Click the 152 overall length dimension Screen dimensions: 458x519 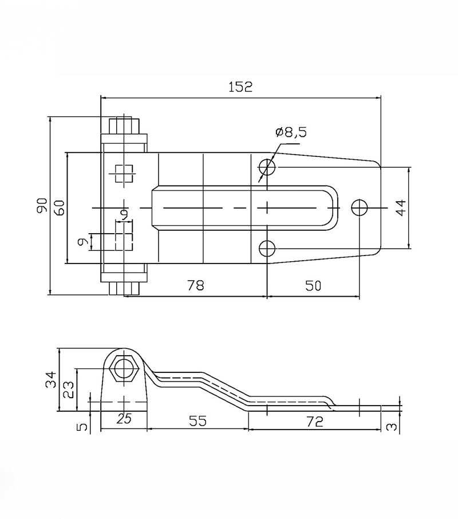240,86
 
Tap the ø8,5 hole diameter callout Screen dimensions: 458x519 291,132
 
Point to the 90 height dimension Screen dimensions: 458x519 42,205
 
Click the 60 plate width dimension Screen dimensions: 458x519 60,208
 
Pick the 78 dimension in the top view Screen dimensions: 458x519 196,285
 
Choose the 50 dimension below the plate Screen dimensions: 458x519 313,285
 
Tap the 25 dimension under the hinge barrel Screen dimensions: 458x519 124,419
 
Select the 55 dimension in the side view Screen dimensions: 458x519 198,420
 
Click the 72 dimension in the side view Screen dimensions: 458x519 315,422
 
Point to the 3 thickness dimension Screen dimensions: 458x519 392,427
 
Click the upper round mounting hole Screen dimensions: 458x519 267,167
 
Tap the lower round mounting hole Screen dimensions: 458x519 267,248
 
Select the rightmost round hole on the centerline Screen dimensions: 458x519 360,207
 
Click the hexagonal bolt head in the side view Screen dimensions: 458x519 124,369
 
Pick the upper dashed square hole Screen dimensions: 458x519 124,174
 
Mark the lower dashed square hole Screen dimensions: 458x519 124,242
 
